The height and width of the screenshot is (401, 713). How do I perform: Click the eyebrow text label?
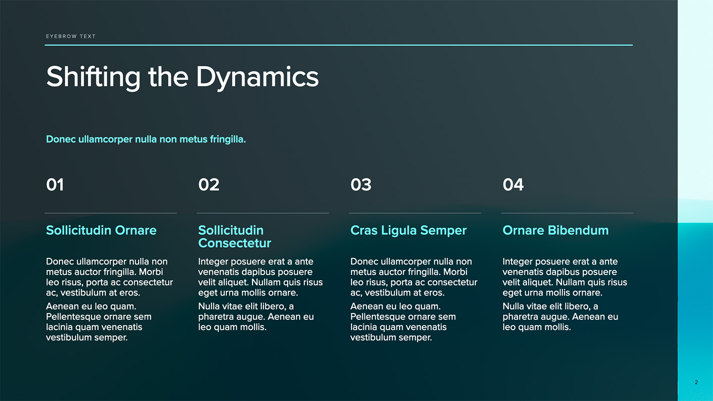click(71, 36)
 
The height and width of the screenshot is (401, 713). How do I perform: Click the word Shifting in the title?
click(93, 77)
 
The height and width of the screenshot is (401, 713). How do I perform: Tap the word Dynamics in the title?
click(257, 77)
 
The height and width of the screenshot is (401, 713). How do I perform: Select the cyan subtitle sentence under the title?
click(146, 140)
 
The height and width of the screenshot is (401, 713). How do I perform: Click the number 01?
click(55, 185)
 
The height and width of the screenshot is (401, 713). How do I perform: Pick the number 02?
click(209, 185)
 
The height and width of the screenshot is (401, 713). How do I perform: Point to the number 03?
click(361, 185)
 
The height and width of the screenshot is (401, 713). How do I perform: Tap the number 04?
click(513, 185)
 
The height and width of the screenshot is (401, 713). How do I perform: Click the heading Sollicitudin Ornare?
click(101, 230)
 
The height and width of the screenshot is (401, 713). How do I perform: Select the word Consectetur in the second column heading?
click(235, 243)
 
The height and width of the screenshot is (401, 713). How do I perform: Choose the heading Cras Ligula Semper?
click(408, 230)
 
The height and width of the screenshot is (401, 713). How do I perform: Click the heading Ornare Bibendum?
click(556, 230)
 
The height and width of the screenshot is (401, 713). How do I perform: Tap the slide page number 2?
click(697, 382)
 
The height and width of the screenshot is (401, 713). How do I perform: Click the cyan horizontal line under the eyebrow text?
click(339, 45)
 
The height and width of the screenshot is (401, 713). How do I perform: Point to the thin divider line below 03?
click(415, 213)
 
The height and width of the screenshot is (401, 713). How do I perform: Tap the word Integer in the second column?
click(213, 262)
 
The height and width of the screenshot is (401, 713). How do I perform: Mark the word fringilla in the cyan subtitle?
click(228, 140)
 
